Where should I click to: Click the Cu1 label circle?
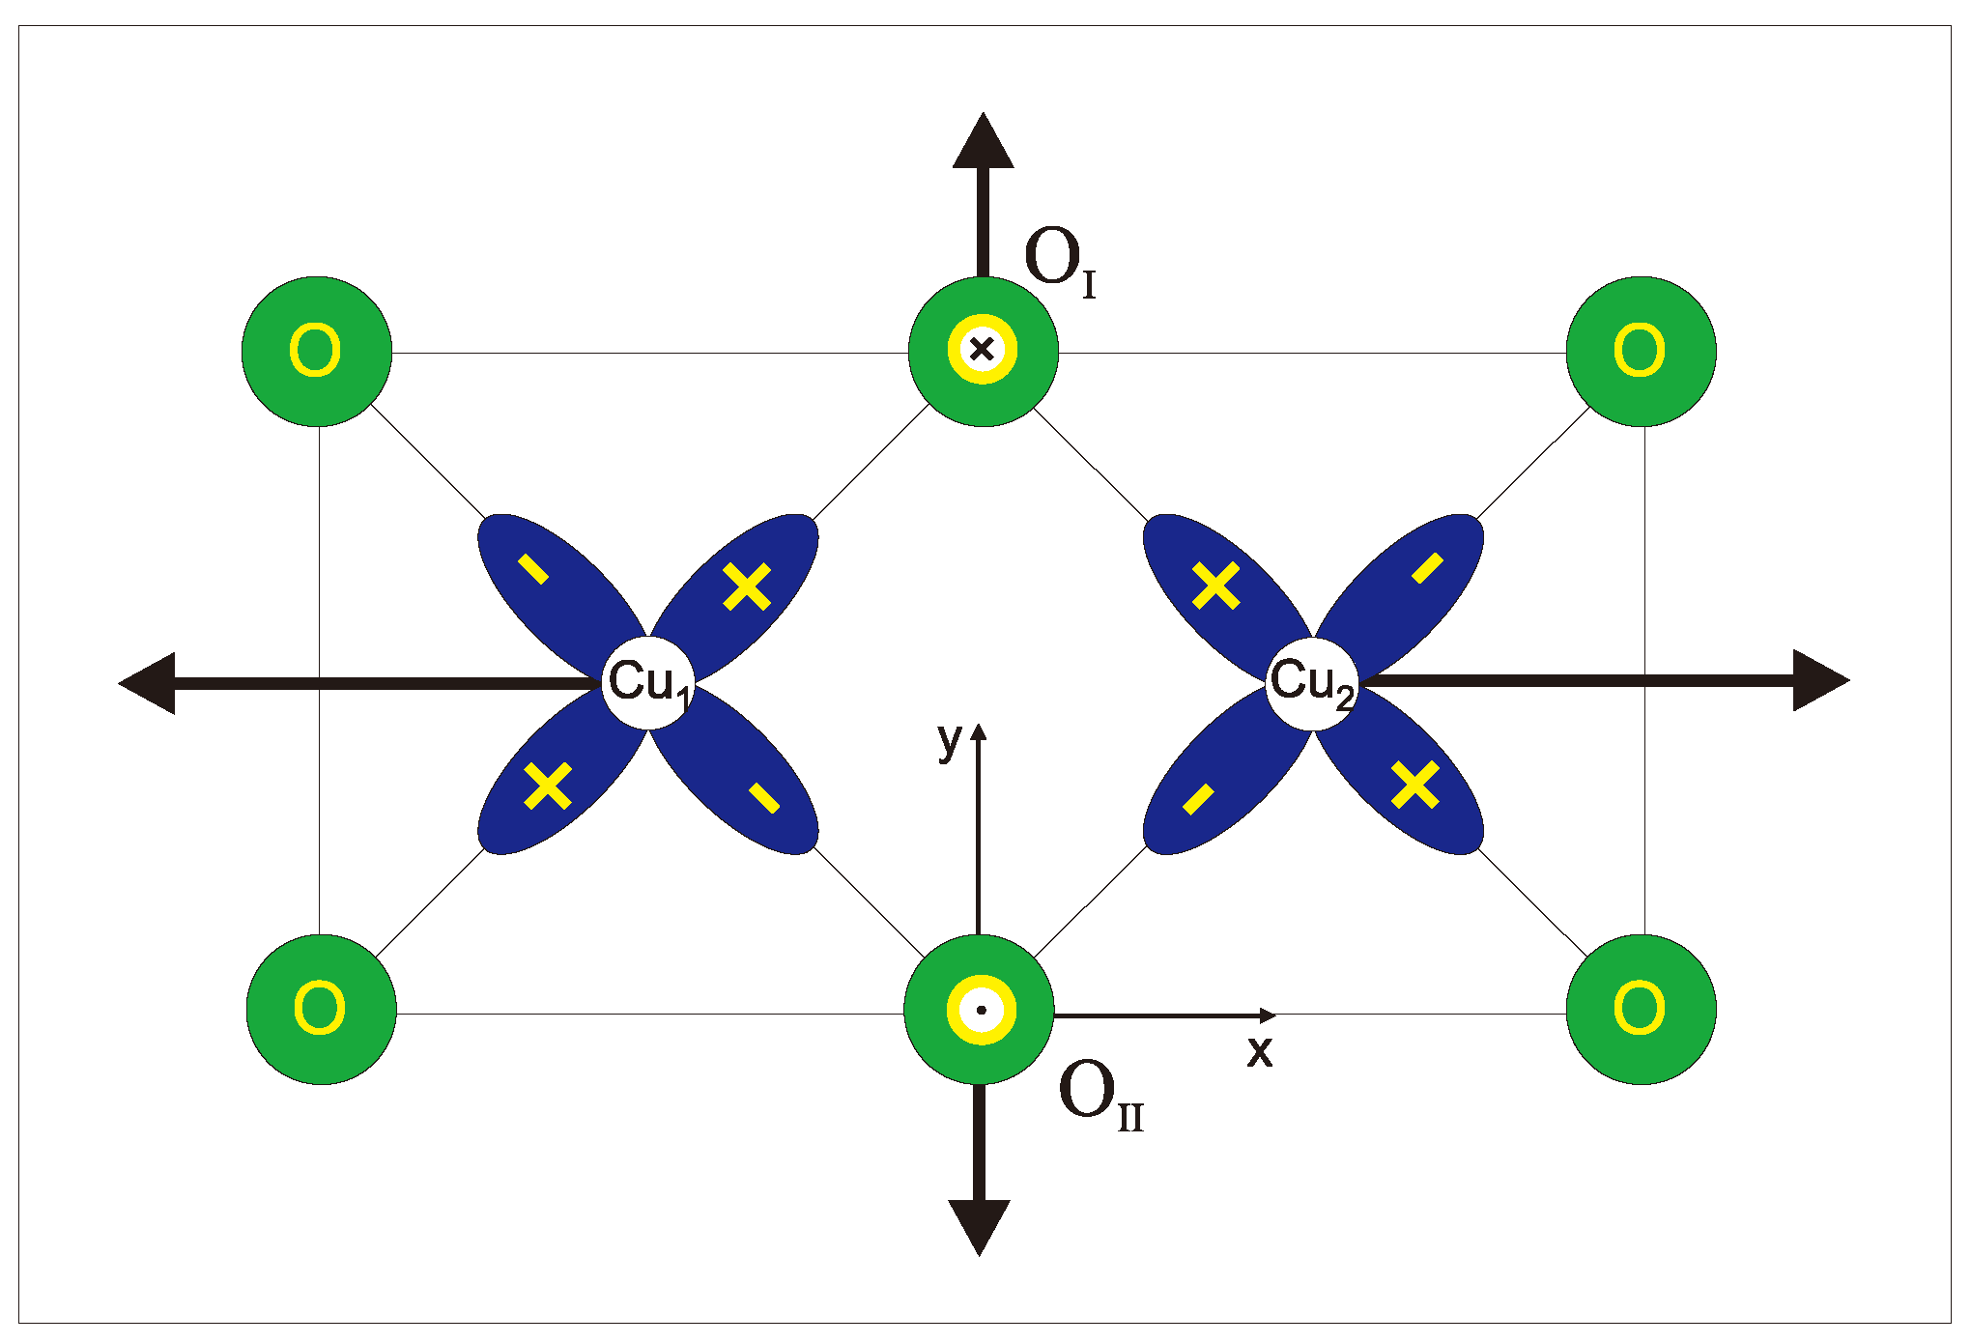(x=648, y=682)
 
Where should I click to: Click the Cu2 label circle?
(x=1312, y=682)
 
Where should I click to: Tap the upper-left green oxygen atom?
(x=317, y=351)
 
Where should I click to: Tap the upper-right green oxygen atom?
(x=1641, y=351)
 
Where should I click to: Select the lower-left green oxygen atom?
(x=321, y=1009)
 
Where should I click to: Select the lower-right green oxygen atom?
(x=1641, y=1009)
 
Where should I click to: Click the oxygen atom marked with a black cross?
(x=983, y=351)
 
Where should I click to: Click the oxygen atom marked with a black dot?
(x=980, y=1010)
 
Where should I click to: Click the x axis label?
(x=1259, y=1051)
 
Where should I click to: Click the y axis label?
(x=950, y=740)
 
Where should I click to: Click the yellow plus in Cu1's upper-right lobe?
(x=747, y=586)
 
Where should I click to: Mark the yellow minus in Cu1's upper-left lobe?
(x=533, y=569)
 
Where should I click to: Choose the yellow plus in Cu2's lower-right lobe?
(x=1415, y=784)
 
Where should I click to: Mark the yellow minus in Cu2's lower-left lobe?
(x=1198, y=799)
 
